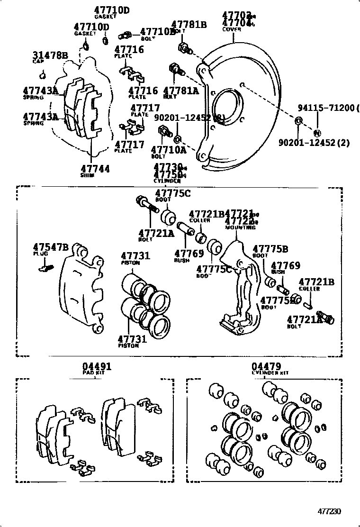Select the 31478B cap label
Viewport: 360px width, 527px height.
tap(50, 55)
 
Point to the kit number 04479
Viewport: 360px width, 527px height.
tap(266, 366)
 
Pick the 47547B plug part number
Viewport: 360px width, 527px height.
tap(51, 247)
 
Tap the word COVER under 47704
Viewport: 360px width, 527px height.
tap(232, 29)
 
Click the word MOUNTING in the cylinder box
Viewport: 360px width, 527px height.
tap(240, 228)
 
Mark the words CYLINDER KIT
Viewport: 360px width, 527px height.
tap(270, 373)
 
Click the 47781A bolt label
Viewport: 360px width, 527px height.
tap(181, 90)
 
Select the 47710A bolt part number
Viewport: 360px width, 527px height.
tap(169, 150)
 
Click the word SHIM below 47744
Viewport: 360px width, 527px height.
tap(87, 175)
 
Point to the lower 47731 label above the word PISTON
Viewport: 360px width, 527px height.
tap(132, 338)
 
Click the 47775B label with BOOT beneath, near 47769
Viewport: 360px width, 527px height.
tap(270, 249)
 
